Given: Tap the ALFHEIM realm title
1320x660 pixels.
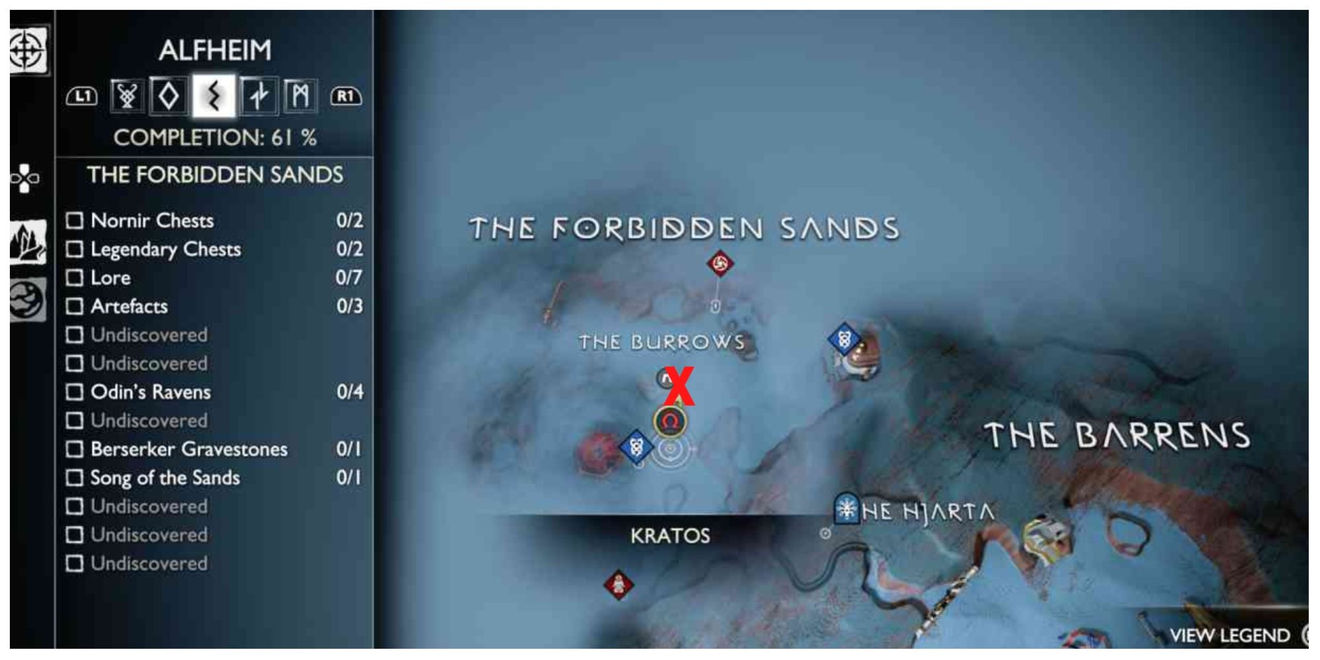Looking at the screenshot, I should coord(214,50).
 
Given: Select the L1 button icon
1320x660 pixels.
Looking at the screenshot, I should coord(82,97).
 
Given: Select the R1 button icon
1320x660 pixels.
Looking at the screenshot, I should coord(346,97).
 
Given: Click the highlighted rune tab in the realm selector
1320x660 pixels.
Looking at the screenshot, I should coord(213,96).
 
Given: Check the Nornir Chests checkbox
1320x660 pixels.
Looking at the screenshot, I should coord(75,220).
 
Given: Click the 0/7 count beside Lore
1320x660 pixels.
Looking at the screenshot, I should coord(348,278).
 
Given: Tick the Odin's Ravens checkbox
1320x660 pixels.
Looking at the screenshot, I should coord(75,392).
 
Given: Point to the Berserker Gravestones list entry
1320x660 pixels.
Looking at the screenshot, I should coord(189,449).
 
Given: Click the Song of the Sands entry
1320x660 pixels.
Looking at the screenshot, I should coord(165,478).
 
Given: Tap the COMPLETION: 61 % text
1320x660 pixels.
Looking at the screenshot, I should coord(214,138).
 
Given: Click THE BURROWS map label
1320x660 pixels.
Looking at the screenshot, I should coord(661,342).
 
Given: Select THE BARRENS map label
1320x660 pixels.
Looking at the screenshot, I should coord(1117,436).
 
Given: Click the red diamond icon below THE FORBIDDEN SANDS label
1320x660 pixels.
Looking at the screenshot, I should coord(720,264).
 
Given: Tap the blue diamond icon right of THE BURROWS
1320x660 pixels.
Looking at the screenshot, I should coord(843,340).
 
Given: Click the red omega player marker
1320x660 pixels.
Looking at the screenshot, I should coord(670,422).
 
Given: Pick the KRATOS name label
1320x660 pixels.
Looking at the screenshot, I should coord(670,535).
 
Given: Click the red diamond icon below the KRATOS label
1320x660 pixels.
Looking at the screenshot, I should coord(618,584).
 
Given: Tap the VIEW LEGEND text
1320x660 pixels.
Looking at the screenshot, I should coord(1229,636).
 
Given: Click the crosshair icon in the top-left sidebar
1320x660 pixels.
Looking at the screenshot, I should coord(27,51).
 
